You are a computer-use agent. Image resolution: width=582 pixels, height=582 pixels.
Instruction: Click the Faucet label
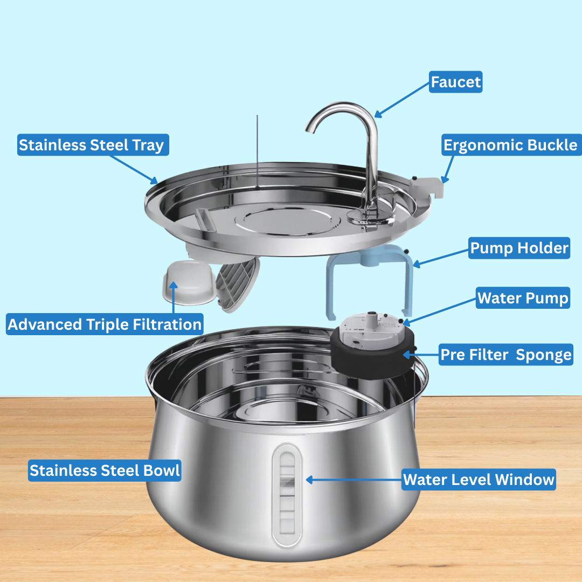[x=455, y=82]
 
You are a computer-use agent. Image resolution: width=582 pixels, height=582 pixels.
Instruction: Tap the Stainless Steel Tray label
[x=93, y=145]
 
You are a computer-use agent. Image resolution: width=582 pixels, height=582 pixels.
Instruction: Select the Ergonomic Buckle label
[x=511, y=145]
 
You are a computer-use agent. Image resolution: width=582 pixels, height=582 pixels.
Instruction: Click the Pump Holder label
[x=519, y=248]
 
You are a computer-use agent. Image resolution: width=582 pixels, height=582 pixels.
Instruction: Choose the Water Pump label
[x=523, y=297]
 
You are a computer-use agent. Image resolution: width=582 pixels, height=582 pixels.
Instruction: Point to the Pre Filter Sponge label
[x=505, y=355]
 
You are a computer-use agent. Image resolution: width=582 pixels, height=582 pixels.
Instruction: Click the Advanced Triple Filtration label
[x=105, y=324]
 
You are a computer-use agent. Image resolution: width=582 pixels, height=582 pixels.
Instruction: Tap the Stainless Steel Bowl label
[x=105, y=470]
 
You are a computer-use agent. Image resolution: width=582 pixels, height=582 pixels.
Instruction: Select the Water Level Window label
[x=479, y=480]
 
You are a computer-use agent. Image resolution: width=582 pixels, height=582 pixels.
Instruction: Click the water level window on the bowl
[x=287, y=495]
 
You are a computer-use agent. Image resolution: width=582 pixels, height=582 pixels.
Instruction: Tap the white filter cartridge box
[x=189, y=283]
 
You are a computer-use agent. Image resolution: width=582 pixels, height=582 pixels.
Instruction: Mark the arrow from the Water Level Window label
[x=354, y=480]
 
